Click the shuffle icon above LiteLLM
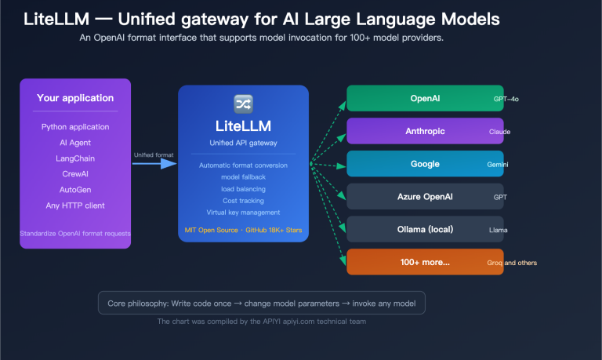243,103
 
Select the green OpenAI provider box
424,99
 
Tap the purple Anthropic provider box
424,131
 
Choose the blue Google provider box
424,164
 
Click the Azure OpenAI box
424,197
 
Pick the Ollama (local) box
424,229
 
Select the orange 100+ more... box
424,262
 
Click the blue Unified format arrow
154,164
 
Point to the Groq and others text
511,263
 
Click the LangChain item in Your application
75,158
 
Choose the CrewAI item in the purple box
75,174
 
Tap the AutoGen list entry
75,190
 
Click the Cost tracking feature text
243,201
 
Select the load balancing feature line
243,189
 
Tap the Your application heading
75,98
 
